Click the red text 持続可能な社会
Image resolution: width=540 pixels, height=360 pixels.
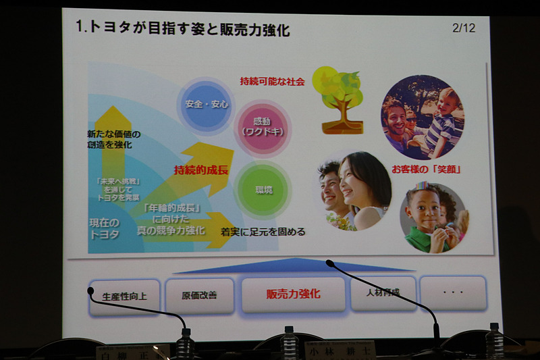tap(273, 81)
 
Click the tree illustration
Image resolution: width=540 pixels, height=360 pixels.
tap(341, 99)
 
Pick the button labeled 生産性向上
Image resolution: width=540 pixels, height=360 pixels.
tap(125, 296)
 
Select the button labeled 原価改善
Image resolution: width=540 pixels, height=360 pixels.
tap(199, 295)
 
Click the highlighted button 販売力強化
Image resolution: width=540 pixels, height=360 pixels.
tap(293, 294)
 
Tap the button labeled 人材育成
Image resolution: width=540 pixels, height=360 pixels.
tap(383, 292)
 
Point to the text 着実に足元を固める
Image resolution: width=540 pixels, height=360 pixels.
tap(263, 232)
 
